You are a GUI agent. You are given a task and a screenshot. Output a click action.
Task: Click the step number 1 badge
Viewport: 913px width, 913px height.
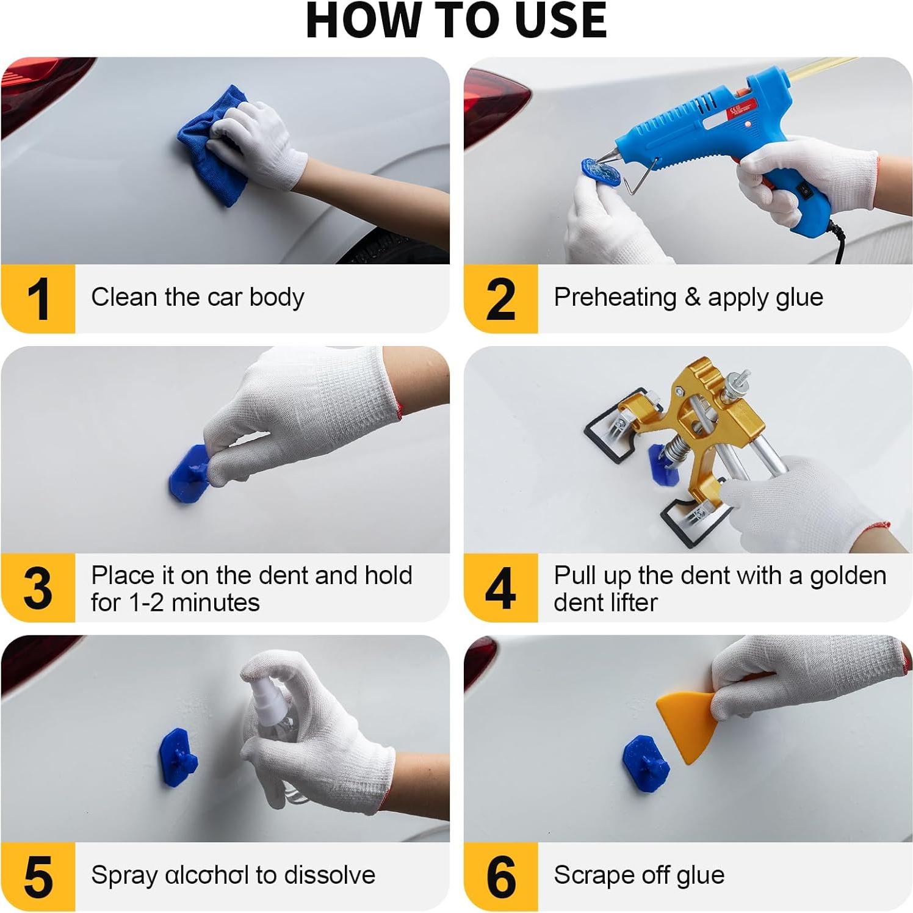pyautogui.click(x=38, y=298)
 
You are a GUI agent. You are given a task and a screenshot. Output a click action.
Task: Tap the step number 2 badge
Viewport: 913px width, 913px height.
pyautogui.click(x=500, y=298)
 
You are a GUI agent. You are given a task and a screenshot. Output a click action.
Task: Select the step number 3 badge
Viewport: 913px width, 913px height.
pyautogui.click(x=38, y=588)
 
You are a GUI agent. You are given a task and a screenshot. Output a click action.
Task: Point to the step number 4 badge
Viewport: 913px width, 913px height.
pyautogui.click(x=500, y=588)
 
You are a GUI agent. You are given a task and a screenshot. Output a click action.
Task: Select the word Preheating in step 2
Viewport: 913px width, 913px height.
pyautogui.click(x=615, y=298)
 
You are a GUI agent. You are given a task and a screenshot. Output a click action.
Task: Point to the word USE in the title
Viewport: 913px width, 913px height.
pyautogui.click(x=560, y=20)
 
